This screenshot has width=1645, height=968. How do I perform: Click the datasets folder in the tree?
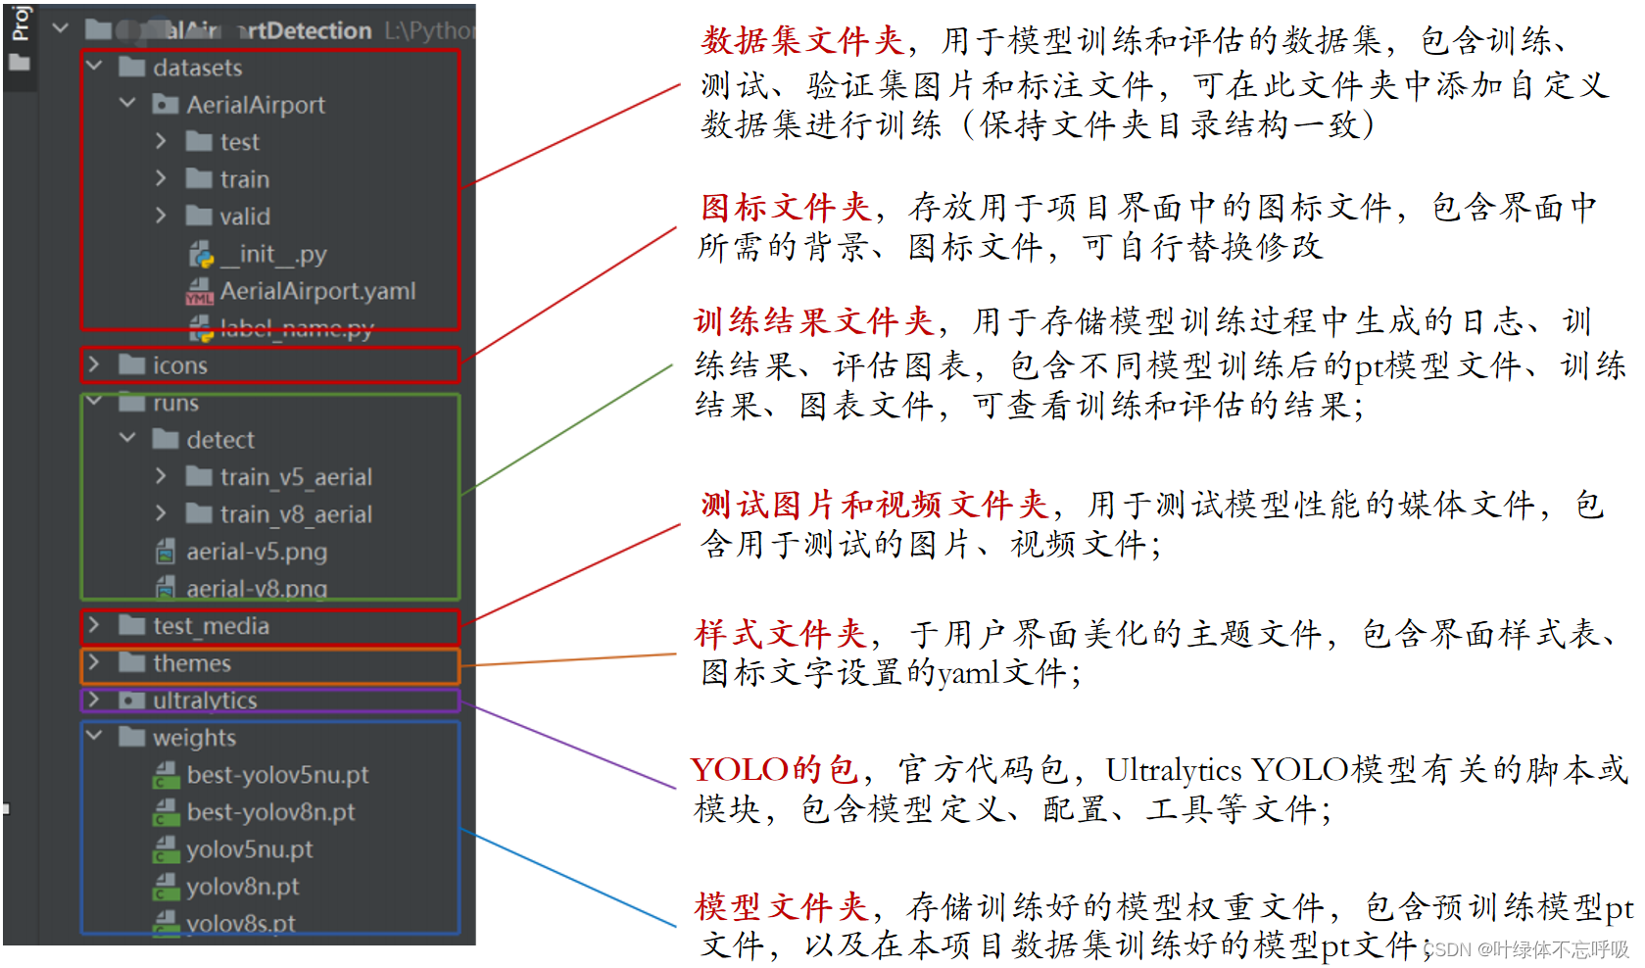click(x=197, y=68)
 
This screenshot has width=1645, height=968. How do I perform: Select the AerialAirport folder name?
click(x=256, y=105)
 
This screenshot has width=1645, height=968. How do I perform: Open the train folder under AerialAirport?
click(x=244, y=179)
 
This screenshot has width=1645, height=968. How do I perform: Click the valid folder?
click(x=244, y=217)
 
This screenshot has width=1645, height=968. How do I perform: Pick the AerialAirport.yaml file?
click(x=317, y=291)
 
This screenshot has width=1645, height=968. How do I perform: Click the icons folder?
click(x=179, y=365)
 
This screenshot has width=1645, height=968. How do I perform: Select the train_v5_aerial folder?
click(x=295, y=477)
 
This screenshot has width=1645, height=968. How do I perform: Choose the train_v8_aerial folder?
click(x=295, y=514)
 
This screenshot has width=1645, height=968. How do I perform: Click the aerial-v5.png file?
click(x=257, y=552)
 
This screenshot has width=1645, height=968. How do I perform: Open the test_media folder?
click(x=211, y=626)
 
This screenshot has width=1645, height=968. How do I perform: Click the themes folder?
click(x=192, y=663)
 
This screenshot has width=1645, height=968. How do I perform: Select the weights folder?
click(x=194, y=738)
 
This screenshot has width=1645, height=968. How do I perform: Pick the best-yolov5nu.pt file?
click(x=277, y=775)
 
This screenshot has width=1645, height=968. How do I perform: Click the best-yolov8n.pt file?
click(x=270, y=812)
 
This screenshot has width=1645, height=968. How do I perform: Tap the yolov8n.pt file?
click(x=243, y=887)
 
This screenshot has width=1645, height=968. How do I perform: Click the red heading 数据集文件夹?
click(x=802, y=41)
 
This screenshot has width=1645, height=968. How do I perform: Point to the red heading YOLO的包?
click(x=775, y=769)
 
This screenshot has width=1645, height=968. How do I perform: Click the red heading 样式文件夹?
click(x=781, y=634)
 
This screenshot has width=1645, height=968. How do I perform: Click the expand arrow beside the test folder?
click(x=161, y=142)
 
